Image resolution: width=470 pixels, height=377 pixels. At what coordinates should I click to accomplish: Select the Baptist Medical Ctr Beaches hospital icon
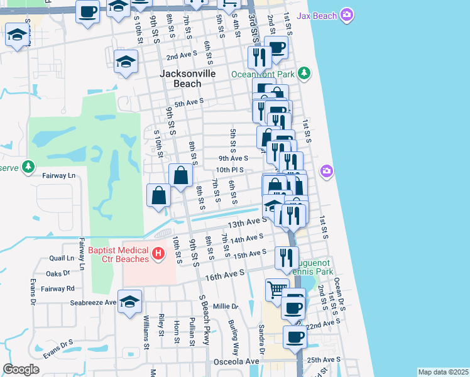pyautogui.click(x=158, y=253)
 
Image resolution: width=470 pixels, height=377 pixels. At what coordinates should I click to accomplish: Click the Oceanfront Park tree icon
pyautogui.click(x=304, y=74)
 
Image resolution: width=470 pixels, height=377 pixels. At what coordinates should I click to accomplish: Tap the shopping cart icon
pyautogui.click(x=276, y=290)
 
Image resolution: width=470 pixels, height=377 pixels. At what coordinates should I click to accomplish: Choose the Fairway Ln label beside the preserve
pyautogui.click(x=59, y=176)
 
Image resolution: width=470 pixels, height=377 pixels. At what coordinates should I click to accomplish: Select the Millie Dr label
pyautogui.click(x=226, y=307)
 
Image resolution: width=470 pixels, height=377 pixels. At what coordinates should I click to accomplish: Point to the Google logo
pyautogui.click(x=21, y=369)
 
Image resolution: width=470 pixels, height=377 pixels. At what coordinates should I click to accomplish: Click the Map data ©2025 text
pyautogui.click(x=443, y=372)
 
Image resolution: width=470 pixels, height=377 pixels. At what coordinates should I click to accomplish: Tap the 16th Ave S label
pyautogui.click(x=224, y=275)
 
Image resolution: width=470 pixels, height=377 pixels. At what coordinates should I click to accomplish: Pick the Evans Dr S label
pyautogui.click(x=58, y=351)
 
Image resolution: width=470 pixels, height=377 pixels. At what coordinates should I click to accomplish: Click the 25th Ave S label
pyautogui.click(x=324, y=360)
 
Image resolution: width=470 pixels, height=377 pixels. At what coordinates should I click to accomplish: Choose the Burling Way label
pyautogui.click(x=234, y=340)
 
